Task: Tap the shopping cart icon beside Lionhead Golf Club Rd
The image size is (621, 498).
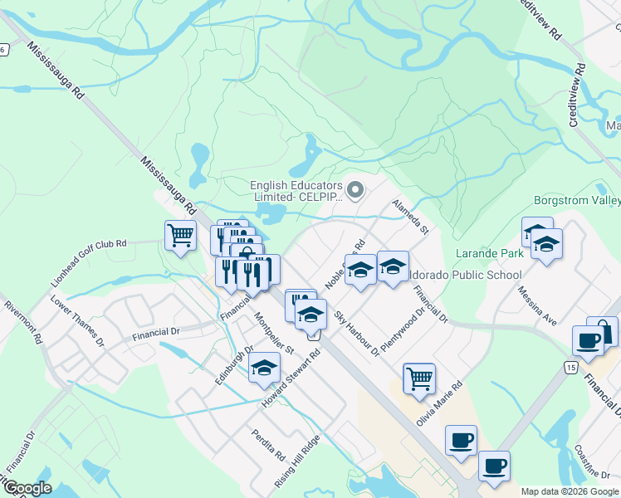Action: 180,236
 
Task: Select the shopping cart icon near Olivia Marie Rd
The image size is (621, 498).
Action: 419,378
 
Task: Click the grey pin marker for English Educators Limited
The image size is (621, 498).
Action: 356,192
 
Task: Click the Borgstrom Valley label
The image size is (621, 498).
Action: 575,201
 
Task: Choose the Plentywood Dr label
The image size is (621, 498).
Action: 402,326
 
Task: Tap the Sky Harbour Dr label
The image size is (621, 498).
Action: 356,334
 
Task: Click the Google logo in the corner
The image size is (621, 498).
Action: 27,488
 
